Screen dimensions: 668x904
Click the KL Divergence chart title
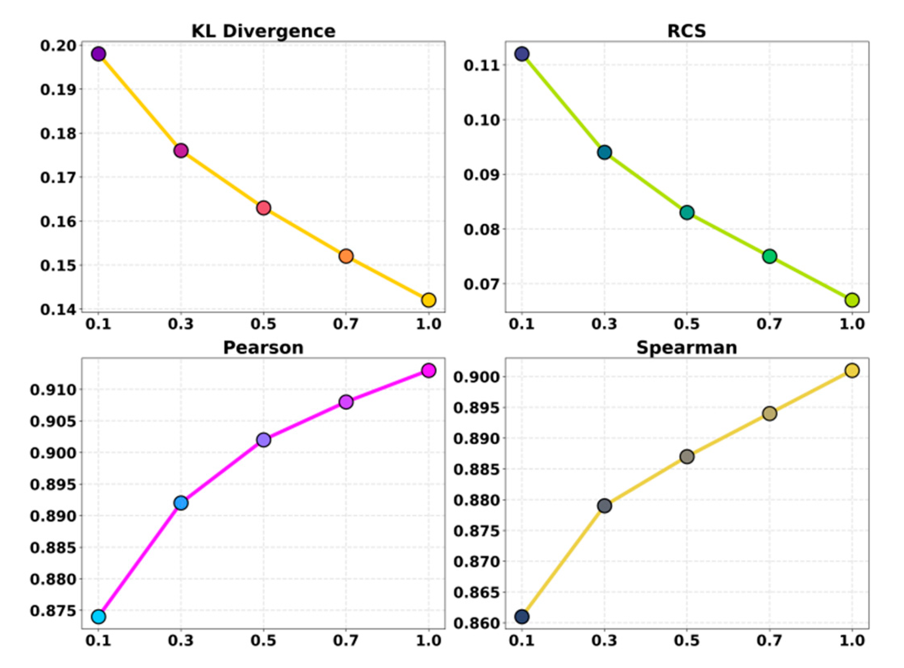pos(263,31)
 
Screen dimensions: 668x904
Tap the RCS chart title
pos(686,31)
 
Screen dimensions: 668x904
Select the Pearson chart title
pos(263,348)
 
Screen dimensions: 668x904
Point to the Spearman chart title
pos(686,348)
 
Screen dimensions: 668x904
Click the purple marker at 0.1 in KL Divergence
pos(99,54)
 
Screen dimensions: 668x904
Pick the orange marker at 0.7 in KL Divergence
pos(346,256)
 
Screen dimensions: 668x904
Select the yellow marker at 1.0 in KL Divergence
pos(428,300)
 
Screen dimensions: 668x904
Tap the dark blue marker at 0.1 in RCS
pos(522,54)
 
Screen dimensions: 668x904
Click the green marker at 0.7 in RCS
pos(769,256)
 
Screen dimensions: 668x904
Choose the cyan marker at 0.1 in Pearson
pos(99,617)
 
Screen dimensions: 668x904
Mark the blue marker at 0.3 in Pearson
pos(181,503)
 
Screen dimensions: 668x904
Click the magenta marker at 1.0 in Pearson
pos(428,370)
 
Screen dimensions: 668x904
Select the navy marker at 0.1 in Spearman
pos(522,617)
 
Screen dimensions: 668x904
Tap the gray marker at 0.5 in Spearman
pos(687,456)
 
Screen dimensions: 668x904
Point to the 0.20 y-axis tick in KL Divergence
pos(58,46)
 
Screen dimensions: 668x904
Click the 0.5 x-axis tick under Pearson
pos(263,641)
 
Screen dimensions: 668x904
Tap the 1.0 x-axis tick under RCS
pos(852,324)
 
